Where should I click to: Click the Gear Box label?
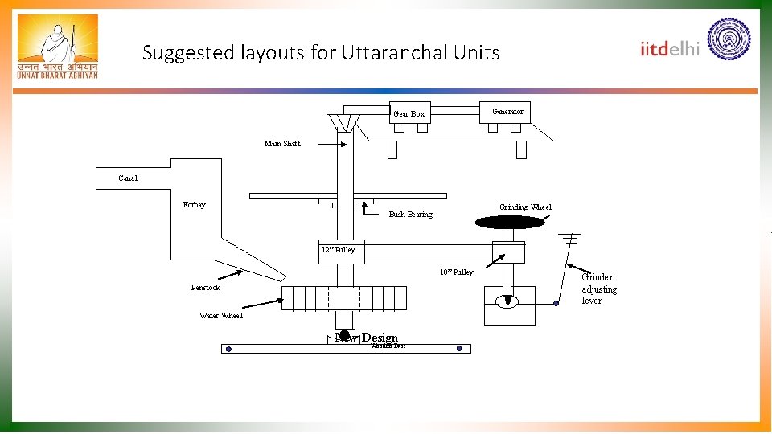[409, 114]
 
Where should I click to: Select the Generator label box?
[507, 112]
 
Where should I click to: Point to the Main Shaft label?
[282, 144]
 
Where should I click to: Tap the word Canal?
[128, 178]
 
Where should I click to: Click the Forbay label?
[194, 205]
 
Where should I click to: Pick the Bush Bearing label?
[410, 215]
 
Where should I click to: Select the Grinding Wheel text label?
[525, 207]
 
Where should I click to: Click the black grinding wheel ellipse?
[510, 223]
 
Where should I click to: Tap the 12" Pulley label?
[338, 250]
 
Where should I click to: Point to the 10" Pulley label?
[456, 272]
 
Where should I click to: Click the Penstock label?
[205, 288]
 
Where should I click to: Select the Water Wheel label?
[221, 316]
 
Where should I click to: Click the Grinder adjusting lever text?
[599, 289]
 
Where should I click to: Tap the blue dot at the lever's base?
[556, 304]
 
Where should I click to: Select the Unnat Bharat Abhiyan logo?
[57, 47]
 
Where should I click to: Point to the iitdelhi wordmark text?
[670, 48]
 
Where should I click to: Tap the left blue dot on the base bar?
[228, 349]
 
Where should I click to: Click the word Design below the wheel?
[380, 338]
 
